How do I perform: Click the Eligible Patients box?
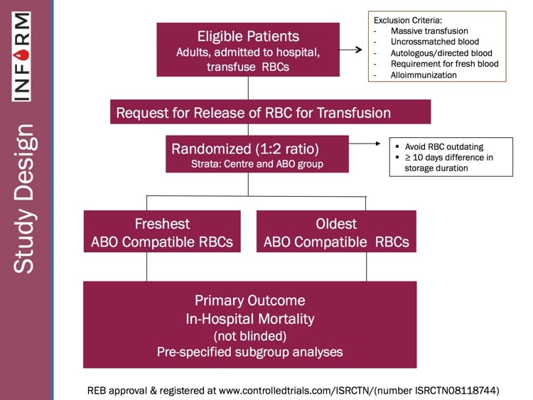click(248, 49)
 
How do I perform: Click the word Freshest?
click(161, 224)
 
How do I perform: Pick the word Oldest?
click(336, 224)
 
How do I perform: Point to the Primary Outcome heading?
click(249, 300)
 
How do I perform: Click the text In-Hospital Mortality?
click(249, 318)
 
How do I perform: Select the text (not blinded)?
click(249, 335)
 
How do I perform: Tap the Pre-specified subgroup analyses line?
click(249, 351)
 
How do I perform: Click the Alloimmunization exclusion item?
click(424, 75)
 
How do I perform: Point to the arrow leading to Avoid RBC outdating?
click(369, 144)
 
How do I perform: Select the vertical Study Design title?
click(24, 198)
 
